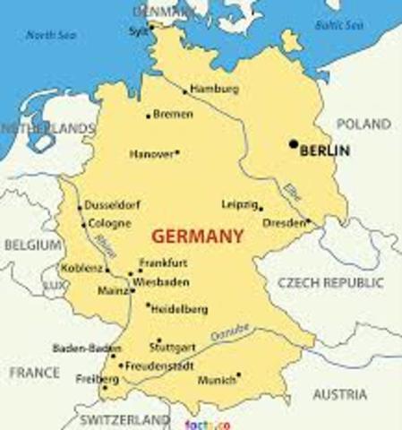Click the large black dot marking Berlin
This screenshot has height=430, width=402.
(x=293, y=143)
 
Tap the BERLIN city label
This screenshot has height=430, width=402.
(x=325, y=151)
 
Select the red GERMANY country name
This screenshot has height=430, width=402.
(x=198, y=237)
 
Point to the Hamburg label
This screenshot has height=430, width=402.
(x=215, y=90)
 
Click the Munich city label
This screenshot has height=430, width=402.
(x=218, y=381)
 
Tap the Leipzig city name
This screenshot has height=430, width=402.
(x=239, y=203)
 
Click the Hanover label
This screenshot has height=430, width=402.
(x=151, y=154)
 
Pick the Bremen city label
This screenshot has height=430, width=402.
(x=173, y=115)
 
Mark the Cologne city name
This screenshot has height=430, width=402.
(x=109, y=223)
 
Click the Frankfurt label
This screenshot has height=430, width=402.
(x=164, y=262)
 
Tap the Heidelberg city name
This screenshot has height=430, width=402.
(x=180, y=309)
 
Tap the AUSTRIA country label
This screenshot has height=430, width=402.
(x=340, y=394)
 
